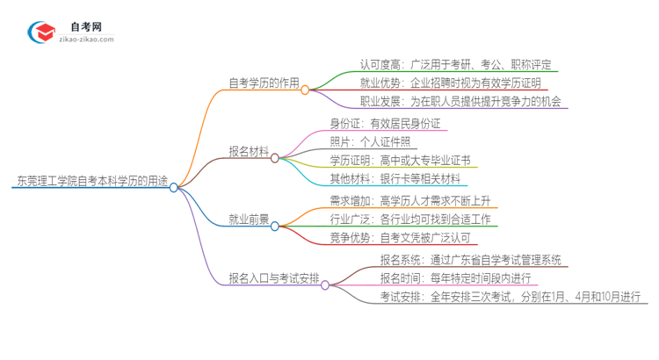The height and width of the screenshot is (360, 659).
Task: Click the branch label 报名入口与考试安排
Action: pos(272,284)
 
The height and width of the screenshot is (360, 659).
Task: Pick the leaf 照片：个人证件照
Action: pos(369,141)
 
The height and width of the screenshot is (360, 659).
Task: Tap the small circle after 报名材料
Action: pos(275,158)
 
